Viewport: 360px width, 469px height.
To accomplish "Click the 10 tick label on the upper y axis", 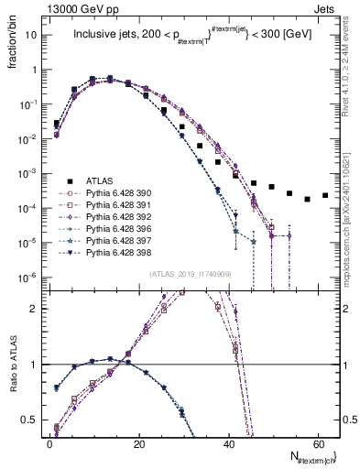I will [x=35, y=35].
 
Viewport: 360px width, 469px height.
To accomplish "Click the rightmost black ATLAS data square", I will [x=324, y=195].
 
